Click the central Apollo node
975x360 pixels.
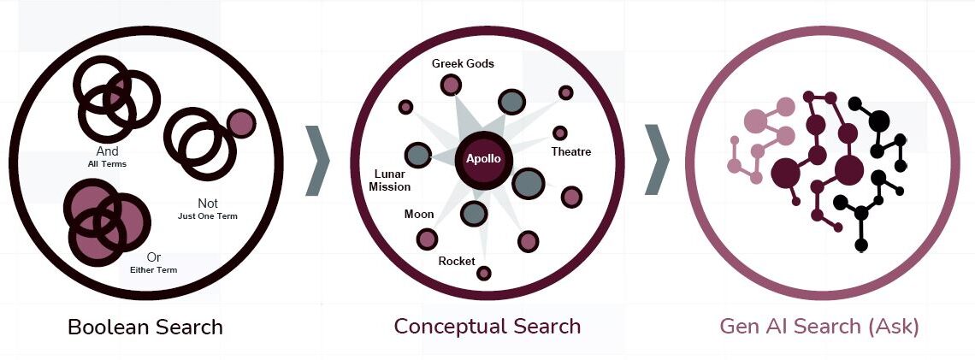[483, 159]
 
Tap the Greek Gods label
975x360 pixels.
[463, 63]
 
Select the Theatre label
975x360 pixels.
[570, 152]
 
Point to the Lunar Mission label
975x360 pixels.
[390, 180]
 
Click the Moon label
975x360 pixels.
[419, 214]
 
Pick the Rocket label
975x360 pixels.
[456, 261]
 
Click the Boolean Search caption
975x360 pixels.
[145, 327]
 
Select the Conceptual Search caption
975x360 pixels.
[487, 327]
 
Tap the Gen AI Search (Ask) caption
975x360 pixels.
[819, 327]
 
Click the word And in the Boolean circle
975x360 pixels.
[107, 151]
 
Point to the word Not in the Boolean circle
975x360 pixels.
[208, 204]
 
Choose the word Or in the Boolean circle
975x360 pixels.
[153, 257]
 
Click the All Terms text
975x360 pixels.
[107, 164]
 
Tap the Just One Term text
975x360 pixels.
[208, 216]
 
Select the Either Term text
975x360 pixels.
[153, 270]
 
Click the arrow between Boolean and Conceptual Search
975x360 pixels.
[317, 159]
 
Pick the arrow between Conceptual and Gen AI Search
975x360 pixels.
[657, 159]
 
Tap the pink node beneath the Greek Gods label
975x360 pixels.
[451, 85]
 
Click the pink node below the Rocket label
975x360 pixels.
[484, 274]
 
